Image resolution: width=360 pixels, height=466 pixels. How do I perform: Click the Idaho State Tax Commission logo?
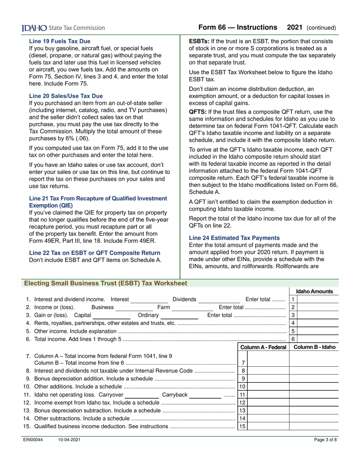click(63, 28)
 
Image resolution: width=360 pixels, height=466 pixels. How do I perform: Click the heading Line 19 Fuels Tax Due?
click(59, 41)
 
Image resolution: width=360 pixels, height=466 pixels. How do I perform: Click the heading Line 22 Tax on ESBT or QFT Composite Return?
click(94, 253)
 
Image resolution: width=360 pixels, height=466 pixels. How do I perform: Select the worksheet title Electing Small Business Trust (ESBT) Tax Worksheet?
click(105, 283)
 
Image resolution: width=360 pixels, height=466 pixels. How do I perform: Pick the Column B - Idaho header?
click(314, 347)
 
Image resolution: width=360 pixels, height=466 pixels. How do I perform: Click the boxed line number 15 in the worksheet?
click(242, 426)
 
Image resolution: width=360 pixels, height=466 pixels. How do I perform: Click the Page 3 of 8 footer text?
click(325, 439)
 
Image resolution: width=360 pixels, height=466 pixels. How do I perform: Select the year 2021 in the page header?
click(294, 27)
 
